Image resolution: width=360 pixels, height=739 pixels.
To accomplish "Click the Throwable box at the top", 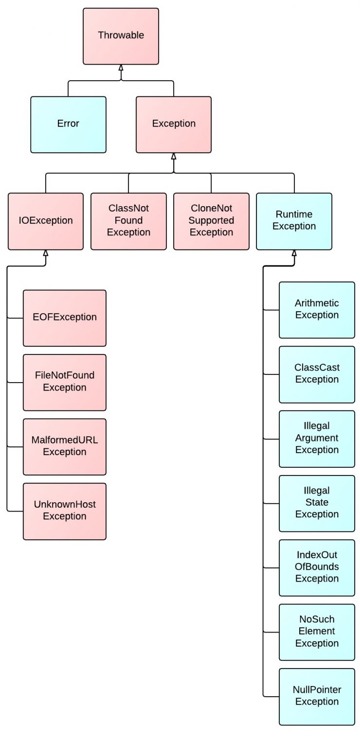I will (121, 36).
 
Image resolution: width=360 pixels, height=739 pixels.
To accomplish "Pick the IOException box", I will (46, 221).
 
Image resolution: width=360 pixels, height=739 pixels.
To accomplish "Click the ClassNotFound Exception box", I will (128, 221).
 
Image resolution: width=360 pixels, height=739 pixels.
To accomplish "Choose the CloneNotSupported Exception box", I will (211, 221).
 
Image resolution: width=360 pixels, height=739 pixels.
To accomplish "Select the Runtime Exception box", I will (294, 221).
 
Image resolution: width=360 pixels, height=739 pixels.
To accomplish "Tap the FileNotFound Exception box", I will (65, 382).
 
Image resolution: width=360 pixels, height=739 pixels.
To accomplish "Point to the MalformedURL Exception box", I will (65, 446).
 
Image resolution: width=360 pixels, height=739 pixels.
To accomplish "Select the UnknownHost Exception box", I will (65, 511).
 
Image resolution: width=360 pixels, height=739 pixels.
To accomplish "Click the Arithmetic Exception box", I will (317, 310).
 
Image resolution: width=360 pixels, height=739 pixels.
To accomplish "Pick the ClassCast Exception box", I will (317, 374).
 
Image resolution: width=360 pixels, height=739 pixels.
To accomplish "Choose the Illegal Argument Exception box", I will (317, 439).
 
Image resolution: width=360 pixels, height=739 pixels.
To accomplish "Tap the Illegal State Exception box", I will (317, 503).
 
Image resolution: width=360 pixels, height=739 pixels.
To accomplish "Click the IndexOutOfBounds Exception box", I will (317, 567).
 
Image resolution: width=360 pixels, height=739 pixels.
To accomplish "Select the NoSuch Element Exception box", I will (317, 632).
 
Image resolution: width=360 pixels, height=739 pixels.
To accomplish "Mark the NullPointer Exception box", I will (317, 696).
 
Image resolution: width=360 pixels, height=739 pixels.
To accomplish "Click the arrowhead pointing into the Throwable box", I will (121, 68).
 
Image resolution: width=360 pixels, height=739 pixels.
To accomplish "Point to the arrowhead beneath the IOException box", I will (46, 253).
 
